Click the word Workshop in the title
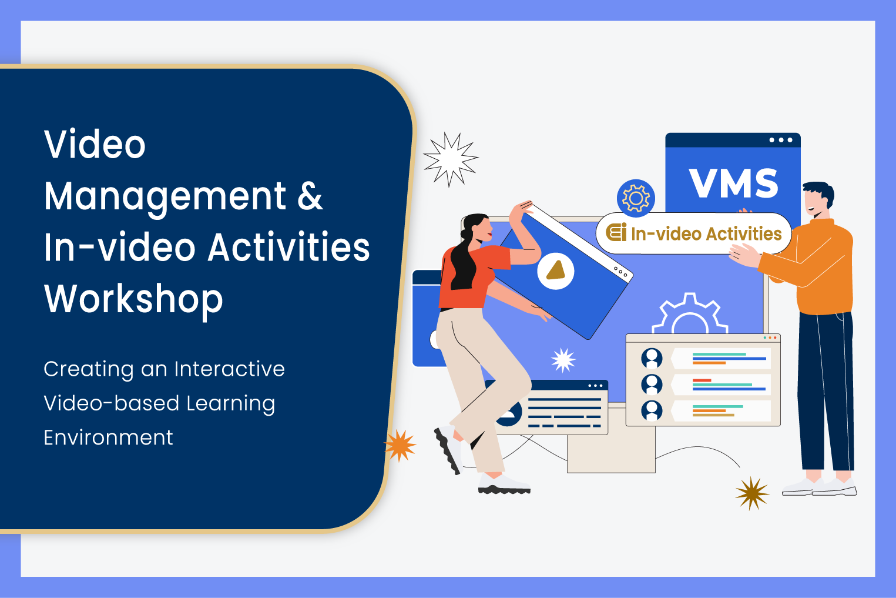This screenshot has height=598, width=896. [x=133, y=299]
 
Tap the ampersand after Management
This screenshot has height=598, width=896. [x=310, y=196]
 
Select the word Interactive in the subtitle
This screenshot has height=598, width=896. [x=229, y=369]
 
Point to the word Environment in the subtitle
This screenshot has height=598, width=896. [x=108, y=437]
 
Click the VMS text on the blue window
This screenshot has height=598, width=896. [x=733, y=183]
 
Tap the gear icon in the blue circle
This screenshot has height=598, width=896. [x=636, y=198]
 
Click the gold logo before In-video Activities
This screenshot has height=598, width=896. [x=616, y=233]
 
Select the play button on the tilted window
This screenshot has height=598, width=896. [x=555, y=271]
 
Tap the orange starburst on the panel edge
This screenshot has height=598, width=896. [x=400, y=445]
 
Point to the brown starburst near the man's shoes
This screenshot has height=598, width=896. [x=752, y=493]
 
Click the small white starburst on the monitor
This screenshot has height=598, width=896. [x=563, y=360]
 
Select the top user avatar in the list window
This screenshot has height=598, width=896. [x=652, y=358]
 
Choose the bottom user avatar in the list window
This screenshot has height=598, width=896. [x=652, y=410]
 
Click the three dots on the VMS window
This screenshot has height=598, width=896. [x=781, y=140]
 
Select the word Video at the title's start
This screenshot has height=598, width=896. [x=95, y=145]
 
